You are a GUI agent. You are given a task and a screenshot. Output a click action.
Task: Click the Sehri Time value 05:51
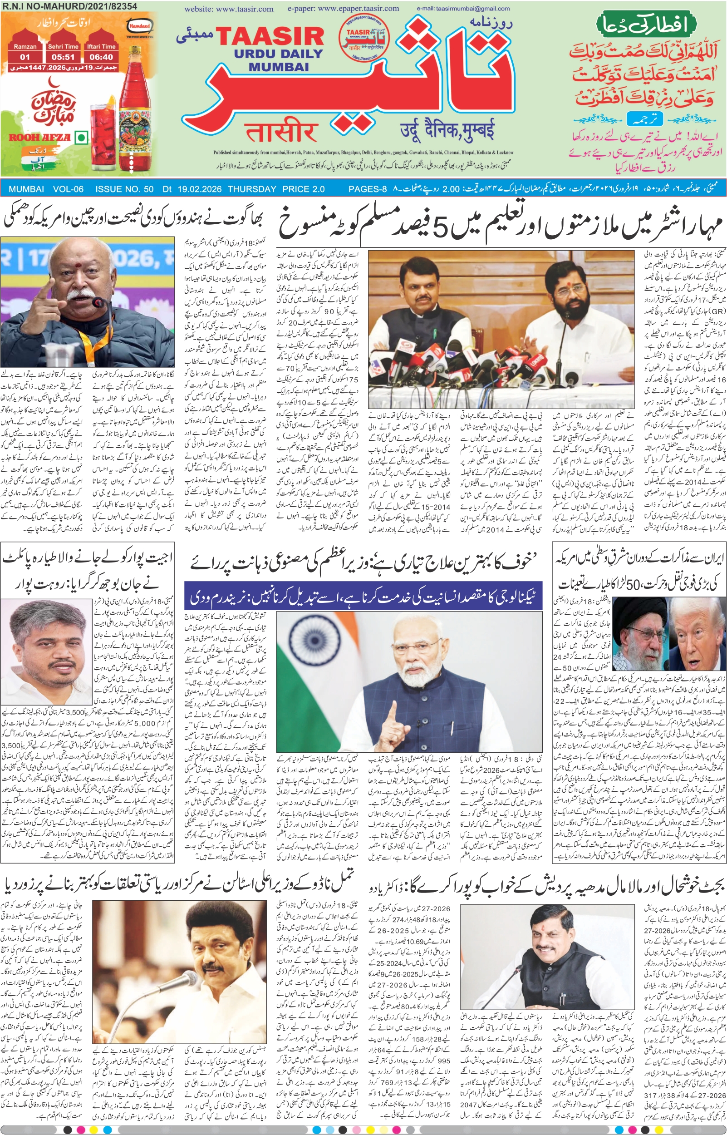pyautogui.click(x=63, y=57)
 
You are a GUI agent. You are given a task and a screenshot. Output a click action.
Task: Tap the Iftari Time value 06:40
pyautogui.click(x=101, y=57)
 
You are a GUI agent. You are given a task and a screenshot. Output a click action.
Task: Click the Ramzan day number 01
pyautogui.click(x=25, y=57)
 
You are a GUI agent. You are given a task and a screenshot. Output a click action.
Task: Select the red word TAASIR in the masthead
pyautogui.click(x=270, y=37)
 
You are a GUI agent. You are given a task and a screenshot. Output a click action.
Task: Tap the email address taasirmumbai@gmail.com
pyautogui.click(x=463, y=9)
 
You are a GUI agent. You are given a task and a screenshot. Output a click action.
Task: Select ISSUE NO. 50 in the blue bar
pyautogui.click(x=124, y=189)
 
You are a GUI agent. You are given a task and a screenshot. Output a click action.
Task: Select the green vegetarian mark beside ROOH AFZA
pyautogui.click(x=82, y=138)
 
